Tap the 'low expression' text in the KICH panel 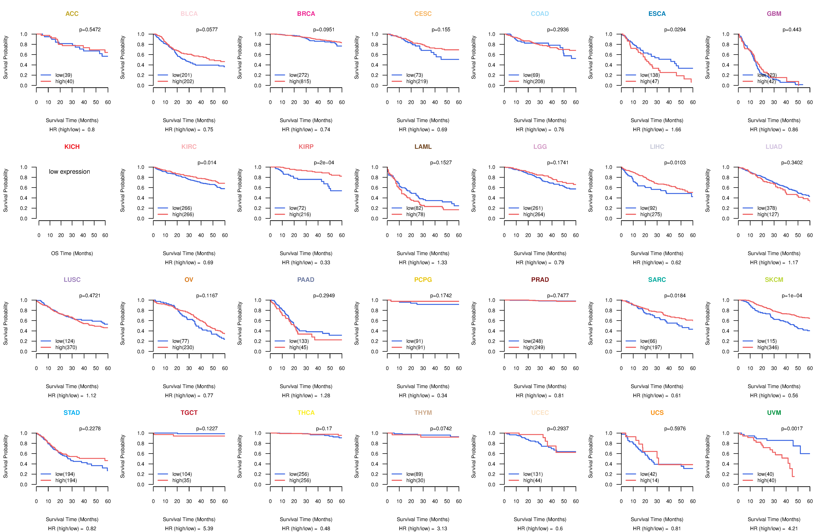tap(69, 172)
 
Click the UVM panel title tap(774, 413)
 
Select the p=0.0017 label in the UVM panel tap(792, 428)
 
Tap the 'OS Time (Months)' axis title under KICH tap(72, 253)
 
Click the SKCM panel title tap(774, 280)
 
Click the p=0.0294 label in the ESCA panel tap(675, 30)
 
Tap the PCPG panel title tap(423, 280)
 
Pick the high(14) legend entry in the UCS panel tap(649, 480)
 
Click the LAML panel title tap(423, 147)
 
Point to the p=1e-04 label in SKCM tap(792, 296)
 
